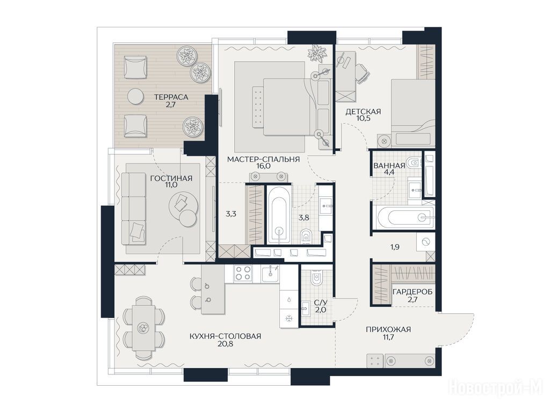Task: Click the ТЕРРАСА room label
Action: [x=171, y=97]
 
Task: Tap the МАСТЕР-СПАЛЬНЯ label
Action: [x=263, y=159]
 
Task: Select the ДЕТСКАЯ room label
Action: [x=363, y=112]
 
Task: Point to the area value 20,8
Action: [x=225, y=344]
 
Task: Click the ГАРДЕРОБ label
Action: [x=412, y=291]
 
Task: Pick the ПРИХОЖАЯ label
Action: [x=388, y=329]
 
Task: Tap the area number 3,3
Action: [x=231, y=214]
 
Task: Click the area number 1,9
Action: [x=395, y=247]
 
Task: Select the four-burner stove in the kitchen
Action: [x=243, y=273]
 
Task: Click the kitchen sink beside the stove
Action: [x=270, y=273]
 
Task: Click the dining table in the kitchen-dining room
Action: [x=143, y=328]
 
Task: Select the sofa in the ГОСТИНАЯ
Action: [x=134, y=209]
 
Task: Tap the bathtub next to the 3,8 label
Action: [x=279, y=215]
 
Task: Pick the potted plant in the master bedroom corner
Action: [x=317, y=53]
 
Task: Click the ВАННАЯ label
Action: [x=389, y=166]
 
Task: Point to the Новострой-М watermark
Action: [x=496, y=388]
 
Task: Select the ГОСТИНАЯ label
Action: [x=171, y=178]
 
